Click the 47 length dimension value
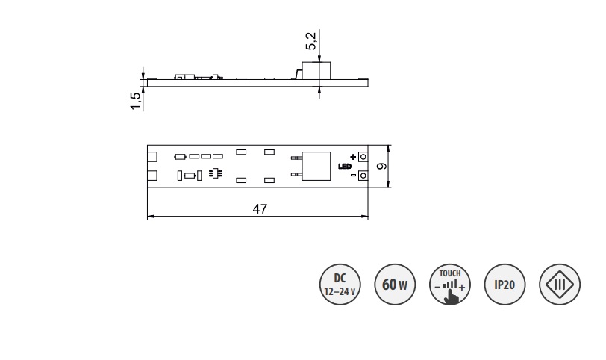(x=260, y=209)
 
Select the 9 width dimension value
(x=381, y=166)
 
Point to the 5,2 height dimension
(x=311, y=41)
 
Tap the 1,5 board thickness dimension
(x=136, y=101)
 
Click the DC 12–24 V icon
(x=340, y=285)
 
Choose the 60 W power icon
(x=395, y=285)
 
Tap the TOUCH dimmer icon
(x=450, y=285)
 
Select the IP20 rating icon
(x=505, y=285)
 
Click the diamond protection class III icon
(x=560, y=285)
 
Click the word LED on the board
(x=345, y=167)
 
